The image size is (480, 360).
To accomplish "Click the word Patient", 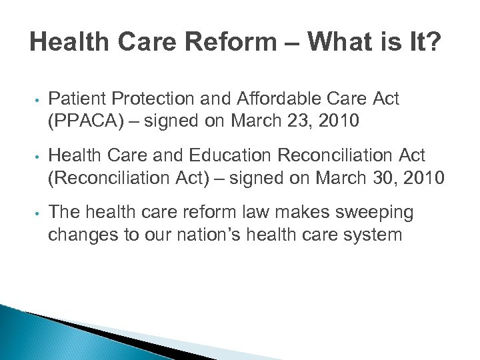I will pyautogui.click(x=74, y=99).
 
